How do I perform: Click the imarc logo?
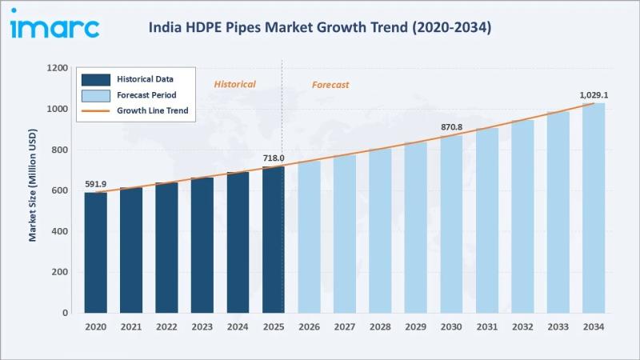click(x=54, y=27)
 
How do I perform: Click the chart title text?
click(x=320, y=27)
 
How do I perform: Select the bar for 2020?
click(x=96, y=252)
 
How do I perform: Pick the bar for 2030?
click(x=451, y=223)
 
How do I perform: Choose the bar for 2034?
click(x=593, y=207)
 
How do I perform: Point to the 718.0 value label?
click(x=274, y=158)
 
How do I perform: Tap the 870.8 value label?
click(x=451, y=127)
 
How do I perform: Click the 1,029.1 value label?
click(x=593, y=95)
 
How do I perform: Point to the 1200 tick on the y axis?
click(x=57, y=68)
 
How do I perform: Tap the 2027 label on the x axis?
click(x=345, y=327)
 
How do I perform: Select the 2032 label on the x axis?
click(x=522, y=327)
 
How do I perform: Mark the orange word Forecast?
click(x=330, y=85)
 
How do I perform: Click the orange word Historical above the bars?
click(x=234, y=84)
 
